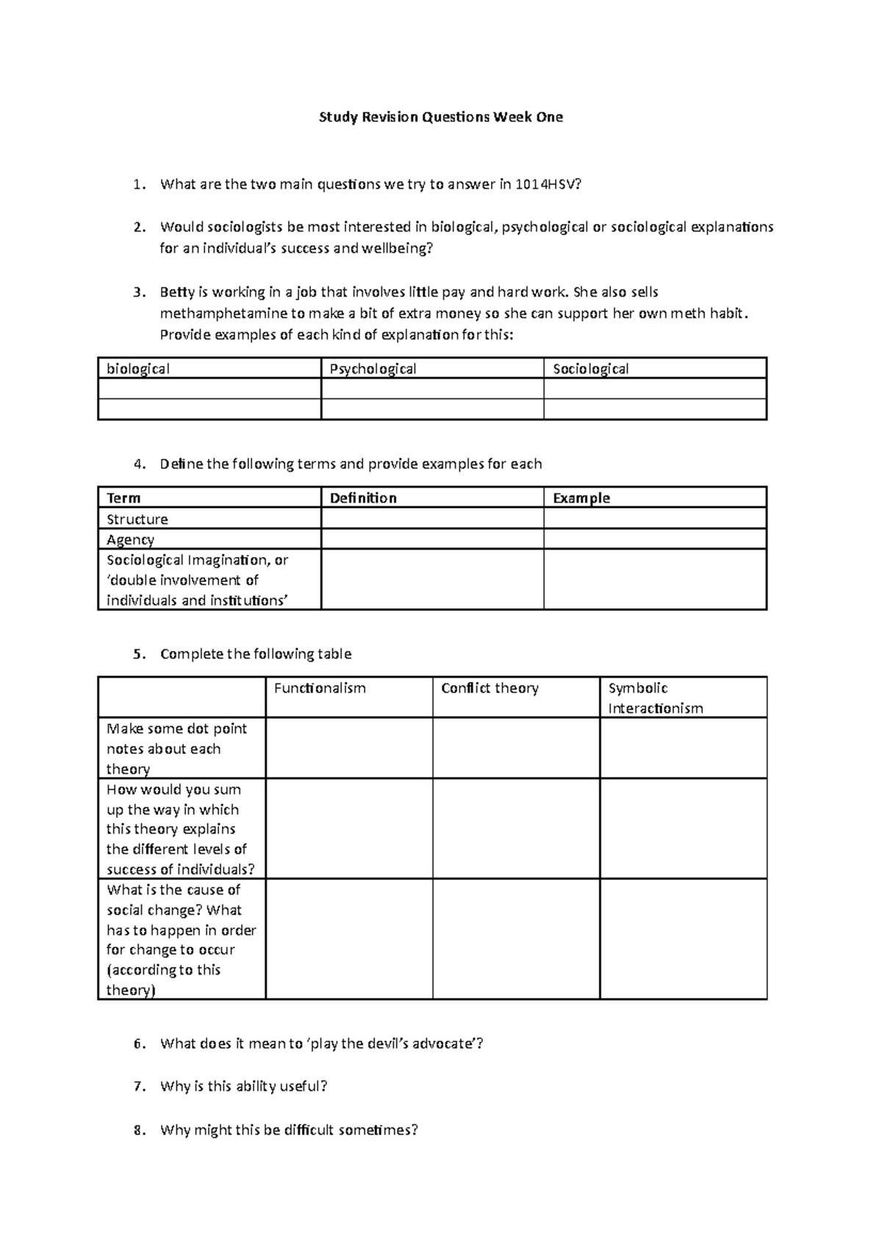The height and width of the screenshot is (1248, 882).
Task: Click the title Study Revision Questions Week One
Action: [440, 117]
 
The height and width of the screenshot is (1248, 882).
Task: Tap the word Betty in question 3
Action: [177, 292]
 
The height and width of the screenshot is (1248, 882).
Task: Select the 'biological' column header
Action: [138, 369]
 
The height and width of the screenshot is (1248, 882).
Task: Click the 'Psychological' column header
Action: [373, 369]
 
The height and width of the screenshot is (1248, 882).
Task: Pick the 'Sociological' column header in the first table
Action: [590, 369]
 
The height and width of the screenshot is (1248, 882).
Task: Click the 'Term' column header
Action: [123, 498]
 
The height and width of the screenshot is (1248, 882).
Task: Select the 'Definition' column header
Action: [363, 498]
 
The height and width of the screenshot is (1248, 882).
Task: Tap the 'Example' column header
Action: [581, 498]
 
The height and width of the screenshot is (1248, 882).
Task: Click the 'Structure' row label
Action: [137, 519]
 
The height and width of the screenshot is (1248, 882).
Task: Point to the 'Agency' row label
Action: [130, 539]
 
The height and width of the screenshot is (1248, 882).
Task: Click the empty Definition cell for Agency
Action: [432, 539]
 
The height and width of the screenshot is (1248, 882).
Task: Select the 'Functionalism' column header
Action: [320, 689]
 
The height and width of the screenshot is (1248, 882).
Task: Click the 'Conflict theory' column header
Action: [490, 689]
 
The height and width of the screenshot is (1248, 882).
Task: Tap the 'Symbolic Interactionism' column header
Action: [655, 698]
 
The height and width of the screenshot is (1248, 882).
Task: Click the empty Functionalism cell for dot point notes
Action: [349, 748]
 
